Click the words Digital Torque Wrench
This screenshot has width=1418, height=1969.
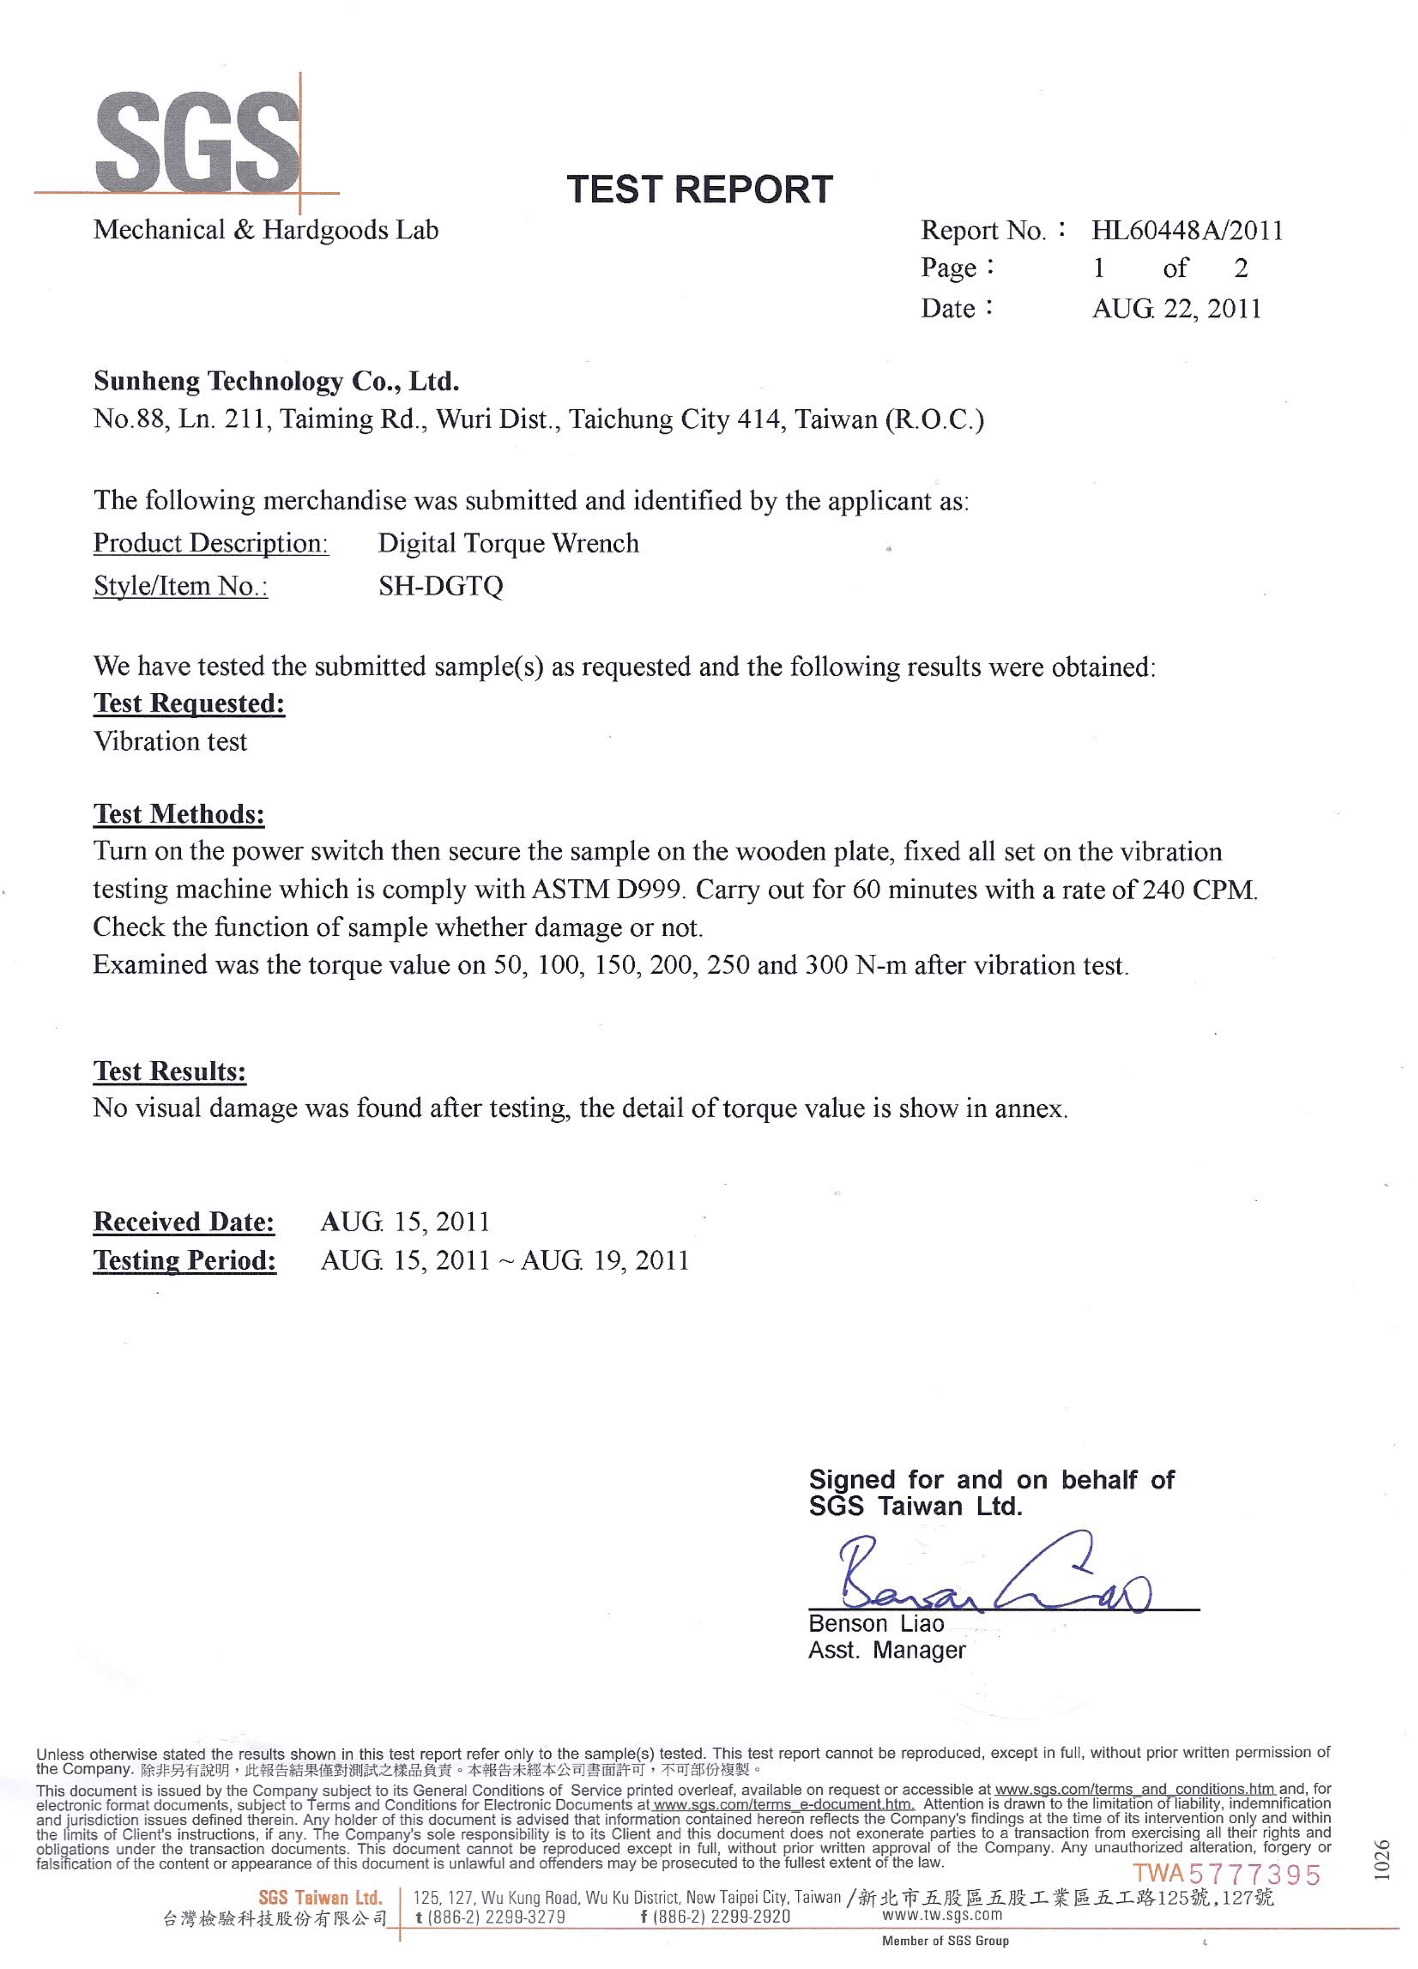coord(508,544)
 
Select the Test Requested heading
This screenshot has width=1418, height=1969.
coord(189,703)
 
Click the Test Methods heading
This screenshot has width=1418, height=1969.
coord(179,814)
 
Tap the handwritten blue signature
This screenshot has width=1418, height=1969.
coord(990,1576)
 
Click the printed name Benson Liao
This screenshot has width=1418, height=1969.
coord(875,1623)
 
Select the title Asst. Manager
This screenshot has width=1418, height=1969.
coord(887,1650)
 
